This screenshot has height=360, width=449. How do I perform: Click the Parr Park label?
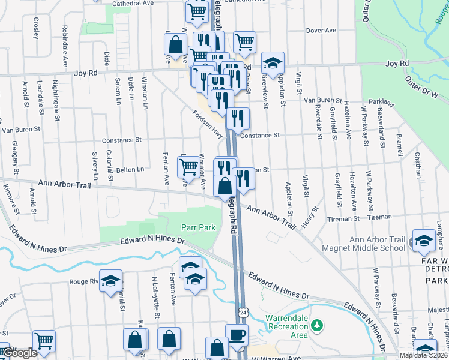198,228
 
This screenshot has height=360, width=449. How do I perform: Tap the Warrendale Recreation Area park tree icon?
318,326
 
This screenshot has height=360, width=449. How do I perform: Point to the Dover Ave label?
321,31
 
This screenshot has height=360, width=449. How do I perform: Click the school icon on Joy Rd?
273,62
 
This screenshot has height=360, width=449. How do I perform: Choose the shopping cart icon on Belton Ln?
189,166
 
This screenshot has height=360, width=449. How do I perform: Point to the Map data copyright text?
423,355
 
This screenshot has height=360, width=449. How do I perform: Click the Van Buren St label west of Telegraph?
21,129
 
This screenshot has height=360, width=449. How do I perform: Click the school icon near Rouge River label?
110,281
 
